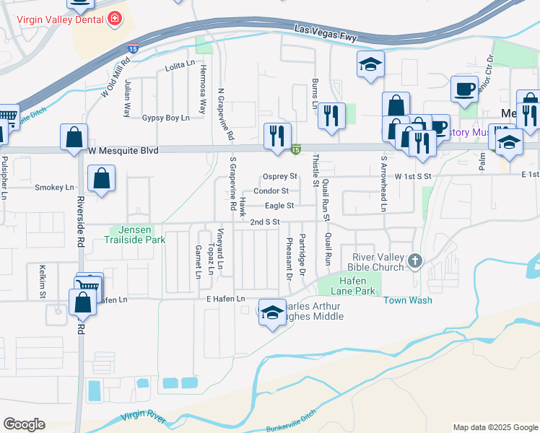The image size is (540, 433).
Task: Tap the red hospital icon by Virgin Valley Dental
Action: pyautogui.click(x=114, y=19)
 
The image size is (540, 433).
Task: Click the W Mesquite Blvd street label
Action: pyautogui.click(x=123, y=150)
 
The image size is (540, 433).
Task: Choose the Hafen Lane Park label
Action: pyautogui.click(x=354, y=286)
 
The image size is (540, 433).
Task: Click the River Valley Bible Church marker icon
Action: pyautogui.click(x=414, y=260)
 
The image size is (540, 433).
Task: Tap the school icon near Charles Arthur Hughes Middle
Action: pyautogui.click(x=272, y=312)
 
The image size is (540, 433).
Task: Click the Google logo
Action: pyautogui.click(x=24, y=424)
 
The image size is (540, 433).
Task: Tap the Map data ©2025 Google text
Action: pyautogui.click(x=496, y=427)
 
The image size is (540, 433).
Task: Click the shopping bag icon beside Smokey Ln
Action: pyautogui.click(x=102, y=178)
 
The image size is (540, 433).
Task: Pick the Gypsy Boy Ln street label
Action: pyautogui.click(x=165, y=118)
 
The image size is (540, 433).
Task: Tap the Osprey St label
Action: pyautogui.click(x=280, y=176)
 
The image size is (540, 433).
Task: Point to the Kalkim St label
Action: pyautogui.click(x=42, y=281)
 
